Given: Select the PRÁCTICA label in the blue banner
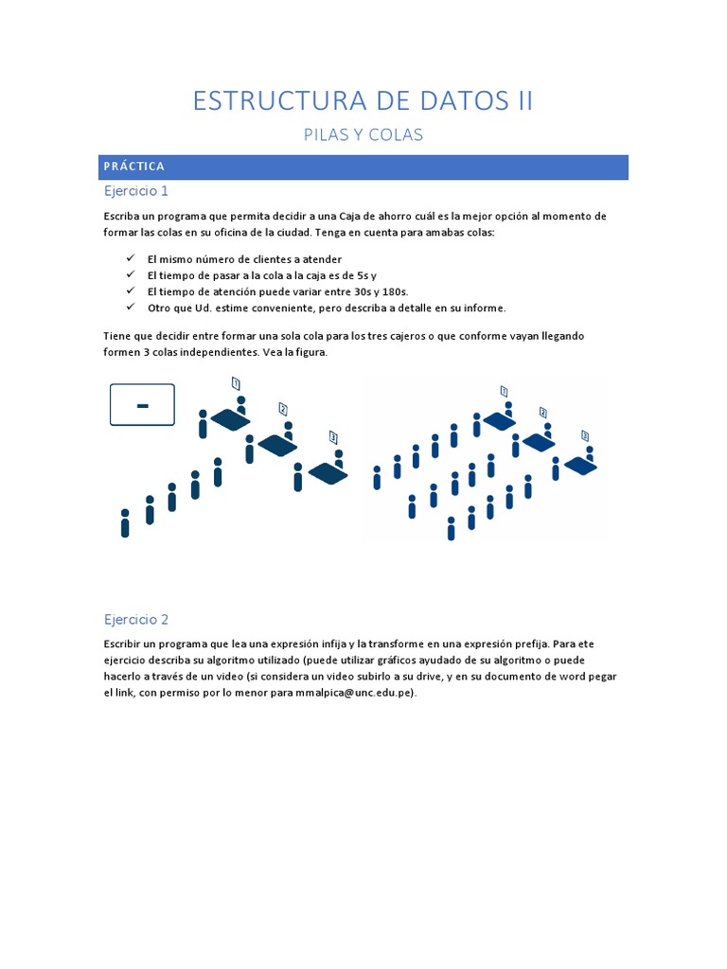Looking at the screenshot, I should click(x=134, y=167).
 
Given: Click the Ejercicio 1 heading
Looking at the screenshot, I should click(x=135, y=191).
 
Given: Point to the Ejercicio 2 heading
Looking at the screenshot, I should click(x=135, y=620).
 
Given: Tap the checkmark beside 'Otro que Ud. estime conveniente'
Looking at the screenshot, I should click(x=130, y=308).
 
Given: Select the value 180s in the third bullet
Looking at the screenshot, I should click(x=406, y=291).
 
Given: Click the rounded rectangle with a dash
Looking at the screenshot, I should click(x=143, y=405).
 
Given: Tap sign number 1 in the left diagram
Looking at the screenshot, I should click(x=236, y=383).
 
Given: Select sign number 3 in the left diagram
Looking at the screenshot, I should click(x=333, y=436).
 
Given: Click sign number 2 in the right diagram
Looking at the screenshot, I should click(x=542, y=413).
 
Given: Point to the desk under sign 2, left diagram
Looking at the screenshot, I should click(x=278, y=445).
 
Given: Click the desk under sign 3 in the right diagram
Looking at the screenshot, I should click(x=580, y=465).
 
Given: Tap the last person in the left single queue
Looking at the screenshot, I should click(x=125, y=523).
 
